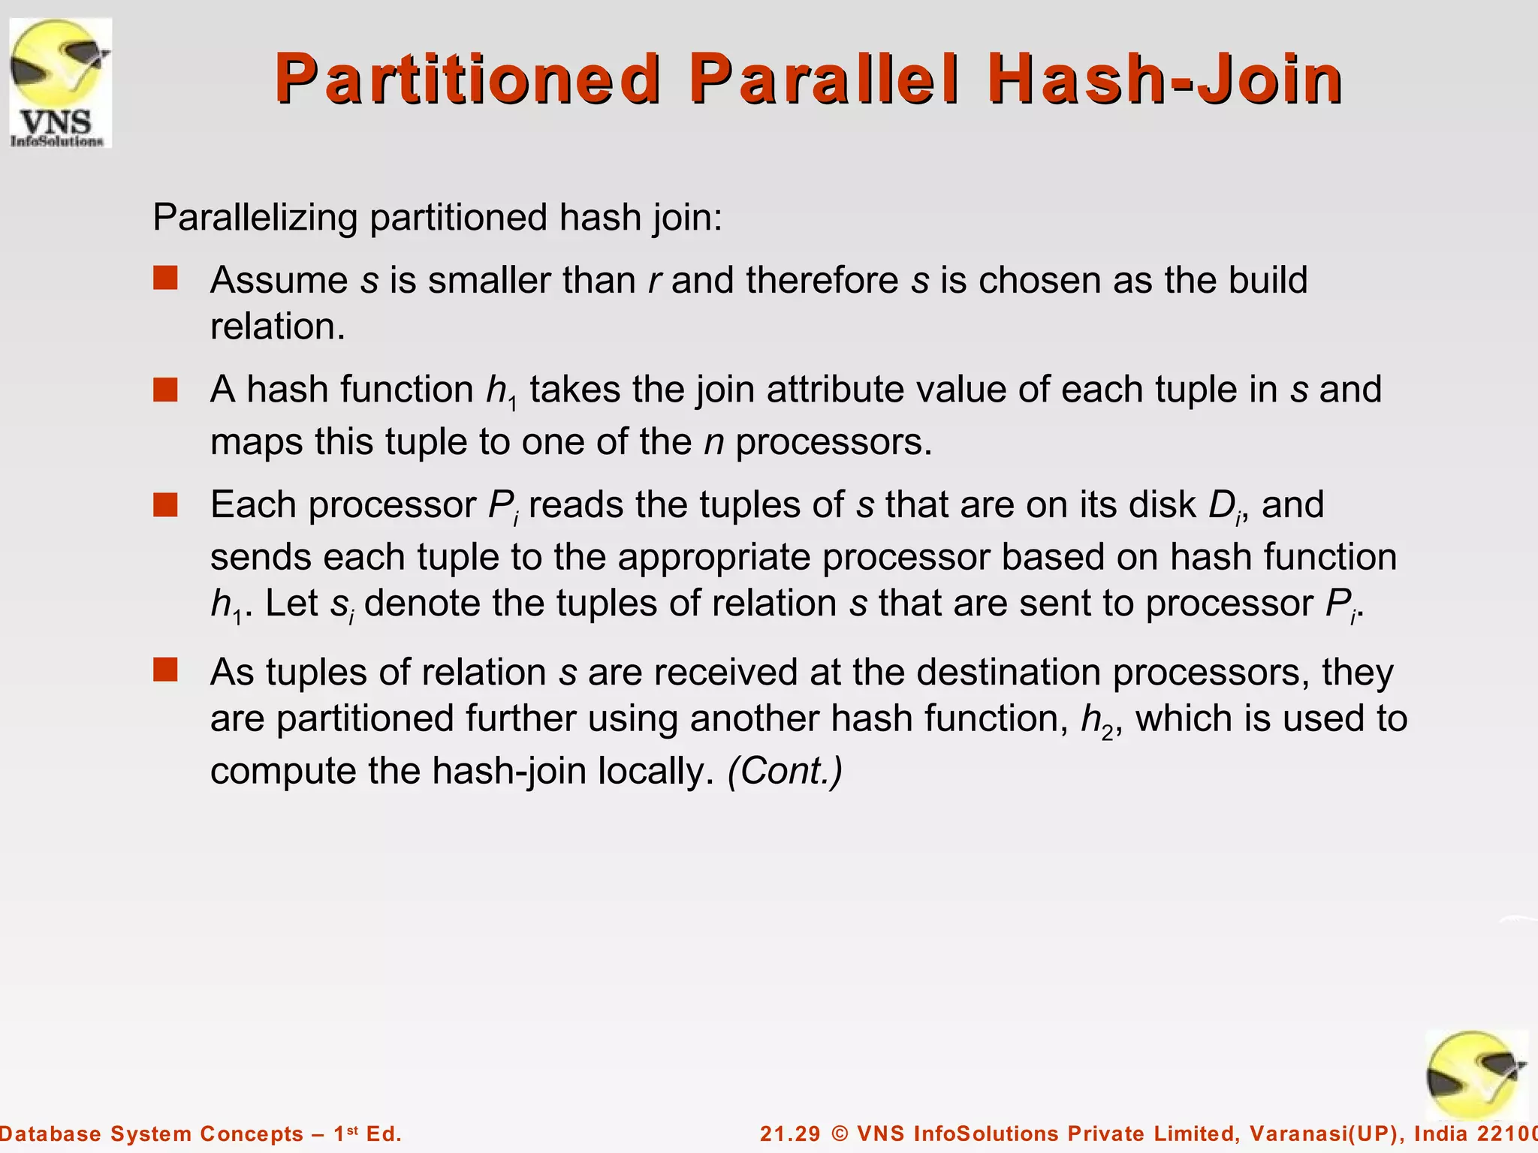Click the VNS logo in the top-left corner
[60, 83]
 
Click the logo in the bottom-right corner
[1476, 1075]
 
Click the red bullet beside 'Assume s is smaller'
[165, 278]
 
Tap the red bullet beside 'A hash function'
[165, 390]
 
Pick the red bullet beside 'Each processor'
[165, 504]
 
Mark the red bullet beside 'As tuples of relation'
[165, 670]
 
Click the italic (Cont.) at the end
[785, 771]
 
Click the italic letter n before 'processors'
[713, 442]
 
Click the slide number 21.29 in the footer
[790, 1133]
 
